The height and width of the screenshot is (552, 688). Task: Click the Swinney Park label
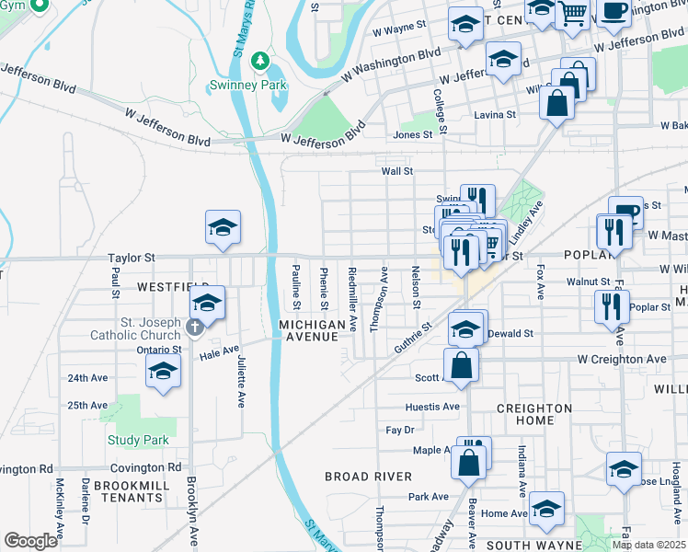pyautogui.click(x=260, y=86)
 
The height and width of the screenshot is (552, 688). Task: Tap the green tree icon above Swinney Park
pyautogui.click(x=260, y=62)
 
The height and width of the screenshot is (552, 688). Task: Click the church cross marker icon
pyautogui.click(x=194, y=327)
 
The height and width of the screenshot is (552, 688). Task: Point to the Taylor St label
pyautogui.click(x=132, y=259)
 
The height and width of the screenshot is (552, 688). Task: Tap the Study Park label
pyautogui.click(x=138, y=440)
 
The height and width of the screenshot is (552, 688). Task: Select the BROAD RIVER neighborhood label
pyautogui.click(x=368, y=477)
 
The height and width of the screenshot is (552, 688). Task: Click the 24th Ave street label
pyautogui.click(x=87, y=378)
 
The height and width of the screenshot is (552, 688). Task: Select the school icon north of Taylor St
pyautogui.click(x=224, y=228)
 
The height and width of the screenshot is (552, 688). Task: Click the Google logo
pyautogui.click(x=30, y=541)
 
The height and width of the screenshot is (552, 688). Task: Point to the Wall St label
pyautogui.click(x=397, y=171)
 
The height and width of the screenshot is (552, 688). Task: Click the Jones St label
pyautogui.click(x=413, y=135)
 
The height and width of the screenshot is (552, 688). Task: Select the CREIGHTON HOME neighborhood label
pyautogui.click(x=534, y=414)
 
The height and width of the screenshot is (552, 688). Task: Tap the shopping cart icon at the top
pyautogui.click(x=572, y=13)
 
